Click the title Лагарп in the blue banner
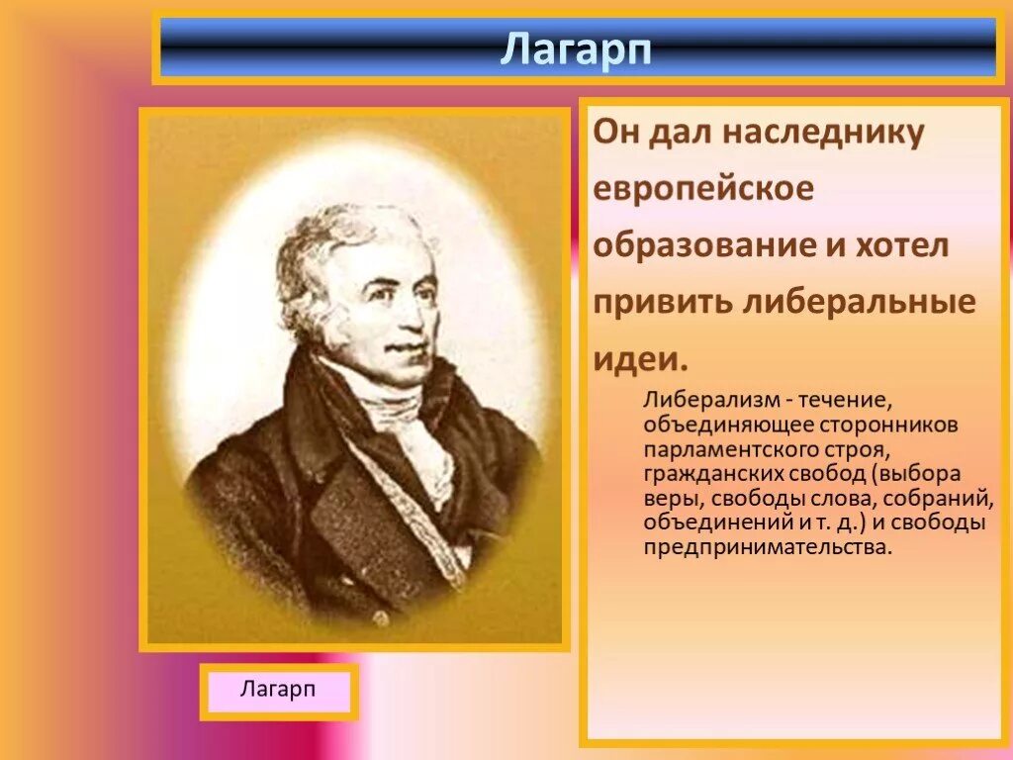[x=576, y=47]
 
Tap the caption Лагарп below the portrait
[x=278, y=689]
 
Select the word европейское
[x=703, y=189]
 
